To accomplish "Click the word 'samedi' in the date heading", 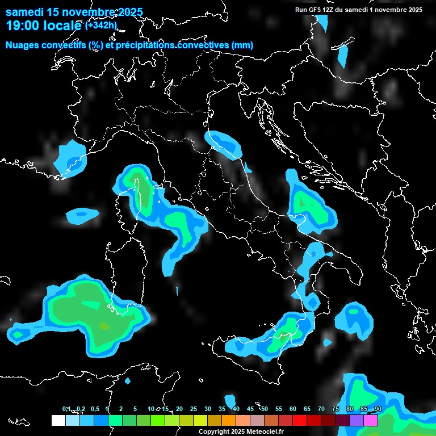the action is (x=23, y=12).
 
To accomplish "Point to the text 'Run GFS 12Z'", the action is (x=315, y=10).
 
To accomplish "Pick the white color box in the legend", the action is (x=58, y=420).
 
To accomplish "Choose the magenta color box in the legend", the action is (x=371, y=420).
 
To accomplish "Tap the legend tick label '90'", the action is (x=378, y=409).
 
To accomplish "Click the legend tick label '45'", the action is (x=250, y=409).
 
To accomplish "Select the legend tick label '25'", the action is (x=194, y=409).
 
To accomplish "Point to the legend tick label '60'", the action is (x=293, y=409).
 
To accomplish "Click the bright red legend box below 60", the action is (x=300, y=420).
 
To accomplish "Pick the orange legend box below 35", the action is (x=229, y=420).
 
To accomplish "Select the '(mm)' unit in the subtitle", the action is (x=242, y=45).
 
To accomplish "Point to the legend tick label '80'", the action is (x=350, y=409).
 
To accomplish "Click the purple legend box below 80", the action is (x=357, y=420).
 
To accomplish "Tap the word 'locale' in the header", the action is (x=64, y=26).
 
